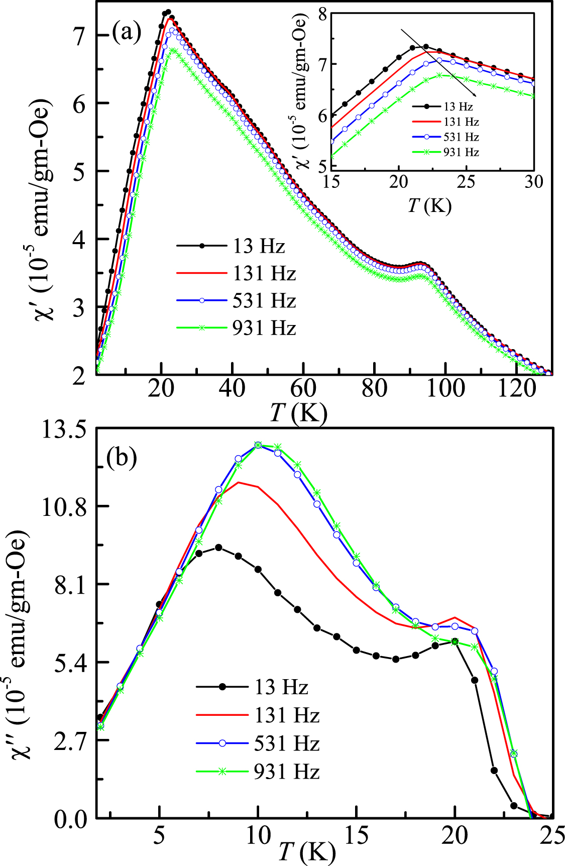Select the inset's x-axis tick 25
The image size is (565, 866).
(467, 182)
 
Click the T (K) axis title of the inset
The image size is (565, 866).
(429, 205)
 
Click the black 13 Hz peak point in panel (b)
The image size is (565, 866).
(218, 547)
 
